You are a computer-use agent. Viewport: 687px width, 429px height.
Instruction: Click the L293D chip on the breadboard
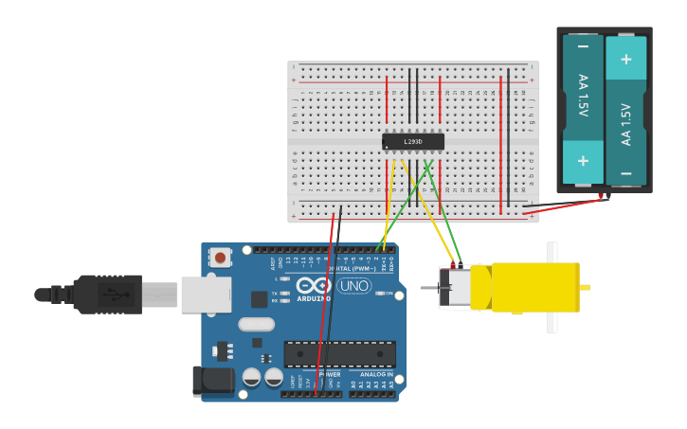413,142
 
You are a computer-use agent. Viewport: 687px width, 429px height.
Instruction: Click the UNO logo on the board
353,285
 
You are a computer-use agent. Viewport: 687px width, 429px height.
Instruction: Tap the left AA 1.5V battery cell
583,109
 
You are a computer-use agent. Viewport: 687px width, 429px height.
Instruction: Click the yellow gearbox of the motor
534,288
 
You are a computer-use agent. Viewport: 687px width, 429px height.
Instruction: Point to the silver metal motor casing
456,287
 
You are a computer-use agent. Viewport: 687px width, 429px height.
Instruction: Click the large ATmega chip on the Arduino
340,354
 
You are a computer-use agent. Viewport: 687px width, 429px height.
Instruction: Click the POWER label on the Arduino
330,375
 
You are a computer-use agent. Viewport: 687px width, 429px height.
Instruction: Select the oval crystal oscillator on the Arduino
256,324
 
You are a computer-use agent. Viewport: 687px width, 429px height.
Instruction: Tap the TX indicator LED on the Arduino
285,293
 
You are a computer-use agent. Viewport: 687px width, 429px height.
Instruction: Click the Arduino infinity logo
314,286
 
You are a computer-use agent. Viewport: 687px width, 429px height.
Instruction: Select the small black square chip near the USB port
259,299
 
